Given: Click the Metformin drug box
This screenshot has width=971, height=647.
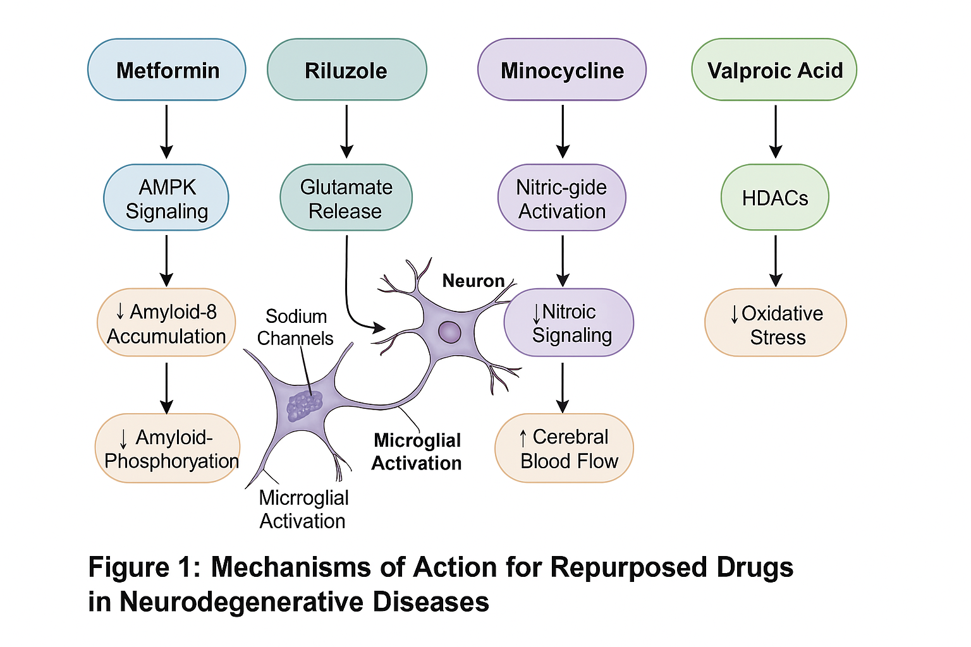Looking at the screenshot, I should (167, 70).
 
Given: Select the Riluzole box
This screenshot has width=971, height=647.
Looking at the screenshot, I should (346, 70).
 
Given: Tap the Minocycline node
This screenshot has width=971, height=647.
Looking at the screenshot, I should (562, 70).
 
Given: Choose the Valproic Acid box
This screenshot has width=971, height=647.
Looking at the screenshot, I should (774, 70).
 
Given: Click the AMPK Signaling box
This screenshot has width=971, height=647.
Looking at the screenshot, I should (166, 198).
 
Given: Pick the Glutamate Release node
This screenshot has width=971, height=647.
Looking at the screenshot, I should (346, 198).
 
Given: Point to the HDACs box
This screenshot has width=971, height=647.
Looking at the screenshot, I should (774, 198).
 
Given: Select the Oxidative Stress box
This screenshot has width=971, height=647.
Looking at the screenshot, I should (776, 323).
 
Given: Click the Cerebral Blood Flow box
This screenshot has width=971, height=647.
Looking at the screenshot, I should (564, 448).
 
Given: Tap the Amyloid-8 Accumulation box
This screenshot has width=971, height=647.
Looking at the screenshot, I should (166, 323).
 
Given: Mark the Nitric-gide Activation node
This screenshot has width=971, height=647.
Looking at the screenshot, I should (562, 198).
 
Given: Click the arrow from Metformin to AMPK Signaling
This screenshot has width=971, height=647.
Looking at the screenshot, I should (166, 131).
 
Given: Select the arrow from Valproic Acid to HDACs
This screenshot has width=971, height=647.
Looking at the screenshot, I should (776, 131).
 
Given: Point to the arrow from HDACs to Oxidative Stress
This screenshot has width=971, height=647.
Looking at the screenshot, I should (776, 260).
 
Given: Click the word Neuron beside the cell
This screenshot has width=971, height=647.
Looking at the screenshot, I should (473, 281).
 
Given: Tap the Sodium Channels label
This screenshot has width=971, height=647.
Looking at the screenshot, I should (295, 327).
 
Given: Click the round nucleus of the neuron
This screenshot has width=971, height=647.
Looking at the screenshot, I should (449, 332).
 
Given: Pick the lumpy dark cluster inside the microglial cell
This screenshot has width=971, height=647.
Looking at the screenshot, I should (305, 405).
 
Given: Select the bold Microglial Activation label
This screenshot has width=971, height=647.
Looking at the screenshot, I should (417, 451).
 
